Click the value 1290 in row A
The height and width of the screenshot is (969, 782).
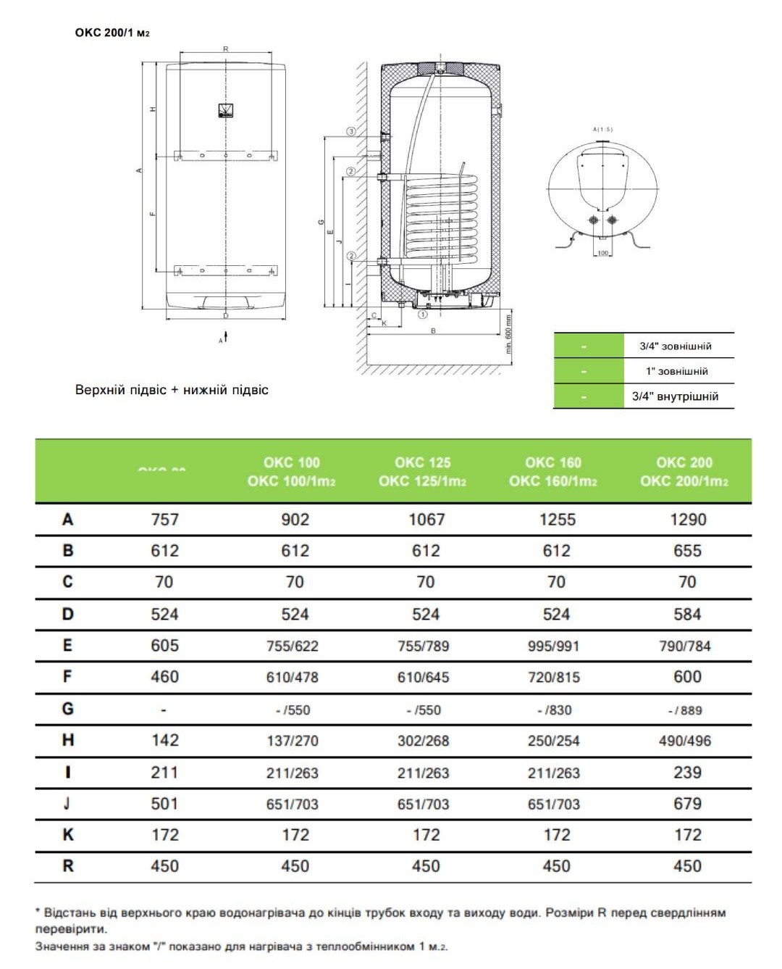pos(687,520)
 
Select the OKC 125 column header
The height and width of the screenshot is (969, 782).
pos(423,472)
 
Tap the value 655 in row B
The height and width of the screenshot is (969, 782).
pos(687,551)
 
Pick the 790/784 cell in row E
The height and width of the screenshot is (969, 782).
pos(685,646)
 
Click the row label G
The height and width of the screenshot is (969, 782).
pos(67,708)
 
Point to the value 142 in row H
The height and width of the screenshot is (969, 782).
pos(164,740)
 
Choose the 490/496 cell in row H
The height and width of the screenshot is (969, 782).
pos(685,741)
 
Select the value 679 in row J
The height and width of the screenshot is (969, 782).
pos(687,803)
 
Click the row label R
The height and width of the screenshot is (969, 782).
pos(67,866)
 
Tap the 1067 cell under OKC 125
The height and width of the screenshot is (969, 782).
pos(426,520)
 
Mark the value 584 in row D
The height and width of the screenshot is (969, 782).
pos(687,615)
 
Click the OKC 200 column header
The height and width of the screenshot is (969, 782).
pos(684,472)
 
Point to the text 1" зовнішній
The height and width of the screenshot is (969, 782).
pos(677,371)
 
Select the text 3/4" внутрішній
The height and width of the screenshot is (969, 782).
pos(675,396)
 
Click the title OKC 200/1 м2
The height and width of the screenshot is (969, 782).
pos(112,33)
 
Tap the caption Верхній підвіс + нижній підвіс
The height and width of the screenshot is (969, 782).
pos(172,390)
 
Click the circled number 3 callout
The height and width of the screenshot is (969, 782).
pos(352,131)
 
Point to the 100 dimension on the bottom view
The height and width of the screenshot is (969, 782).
pos(602,253)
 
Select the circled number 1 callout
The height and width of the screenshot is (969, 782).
pos(423,315)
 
